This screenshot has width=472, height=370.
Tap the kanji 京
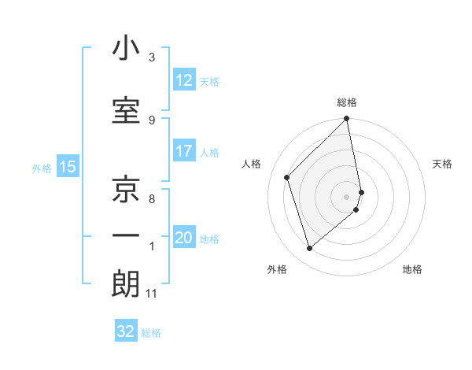coord(126,189)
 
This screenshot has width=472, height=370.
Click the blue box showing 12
coord(184,81)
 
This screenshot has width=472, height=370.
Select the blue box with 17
coord(184,151)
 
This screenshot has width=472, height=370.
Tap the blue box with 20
coord(184,239)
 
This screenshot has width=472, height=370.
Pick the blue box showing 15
coord(67,167)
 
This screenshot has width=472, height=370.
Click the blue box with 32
coord(126,331)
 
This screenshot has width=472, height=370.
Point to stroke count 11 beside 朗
coord(152,294)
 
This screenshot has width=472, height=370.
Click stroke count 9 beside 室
coord(152,120)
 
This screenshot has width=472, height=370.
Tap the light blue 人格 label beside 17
coord(209,152)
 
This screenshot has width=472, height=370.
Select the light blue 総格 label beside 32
coord(151,332)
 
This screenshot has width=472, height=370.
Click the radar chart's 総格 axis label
coord(347,103)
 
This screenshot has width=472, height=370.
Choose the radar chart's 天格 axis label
coord(442,164)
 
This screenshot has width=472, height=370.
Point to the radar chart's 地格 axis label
coord(412,269)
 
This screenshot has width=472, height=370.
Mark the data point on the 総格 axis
coord(347,120)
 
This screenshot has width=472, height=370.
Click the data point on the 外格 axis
coord(309,249)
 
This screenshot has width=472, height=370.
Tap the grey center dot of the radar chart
coord(347,196)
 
